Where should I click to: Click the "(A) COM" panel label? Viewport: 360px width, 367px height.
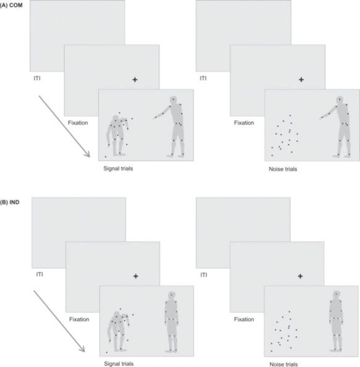[x=11, y=5]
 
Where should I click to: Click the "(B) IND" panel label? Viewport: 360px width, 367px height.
[x=10, y=202]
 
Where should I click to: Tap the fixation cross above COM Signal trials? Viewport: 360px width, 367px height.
[x=135, y=80]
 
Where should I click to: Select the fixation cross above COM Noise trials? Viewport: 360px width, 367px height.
[x=301, y=80]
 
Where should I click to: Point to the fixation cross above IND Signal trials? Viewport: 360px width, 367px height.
[x=136, y=276]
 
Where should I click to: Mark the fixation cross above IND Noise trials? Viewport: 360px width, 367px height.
[x=300, y=276]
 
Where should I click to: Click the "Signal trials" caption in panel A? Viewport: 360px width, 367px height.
[x=118, y=169]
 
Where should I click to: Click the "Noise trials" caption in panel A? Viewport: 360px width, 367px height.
[x=283, y=169]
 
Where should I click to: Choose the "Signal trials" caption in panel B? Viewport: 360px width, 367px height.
[x=119, y=364]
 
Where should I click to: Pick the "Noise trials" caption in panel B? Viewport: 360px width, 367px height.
[x=284, y=364]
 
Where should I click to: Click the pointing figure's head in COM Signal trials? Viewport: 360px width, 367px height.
[x=174, y=99]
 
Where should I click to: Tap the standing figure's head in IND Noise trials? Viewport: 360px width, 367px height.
[x=336, y=294]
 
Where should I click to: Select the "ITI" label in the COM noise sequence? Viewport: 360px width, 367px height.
[x=203, y=78]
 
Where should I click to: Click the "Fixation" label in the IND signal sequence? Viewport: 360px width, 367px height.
[x=79, y=319]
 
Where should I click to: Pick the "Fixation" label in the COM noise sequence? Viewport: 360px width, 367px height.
[x=244, y=123]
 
